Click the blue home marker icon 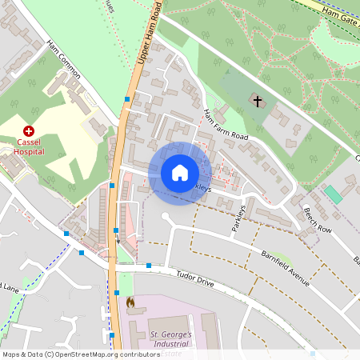(x=180, y=173)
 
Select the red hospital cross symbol (x=29, y=130)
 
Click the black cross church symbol (x=257, y=100)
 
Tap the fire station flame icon (x=131, y=303)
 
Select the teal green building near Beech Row (x=333, y=194)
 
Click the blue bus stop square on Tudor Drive (x=149, y=266)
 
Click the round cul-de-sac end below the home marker (x=166, y=217)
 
